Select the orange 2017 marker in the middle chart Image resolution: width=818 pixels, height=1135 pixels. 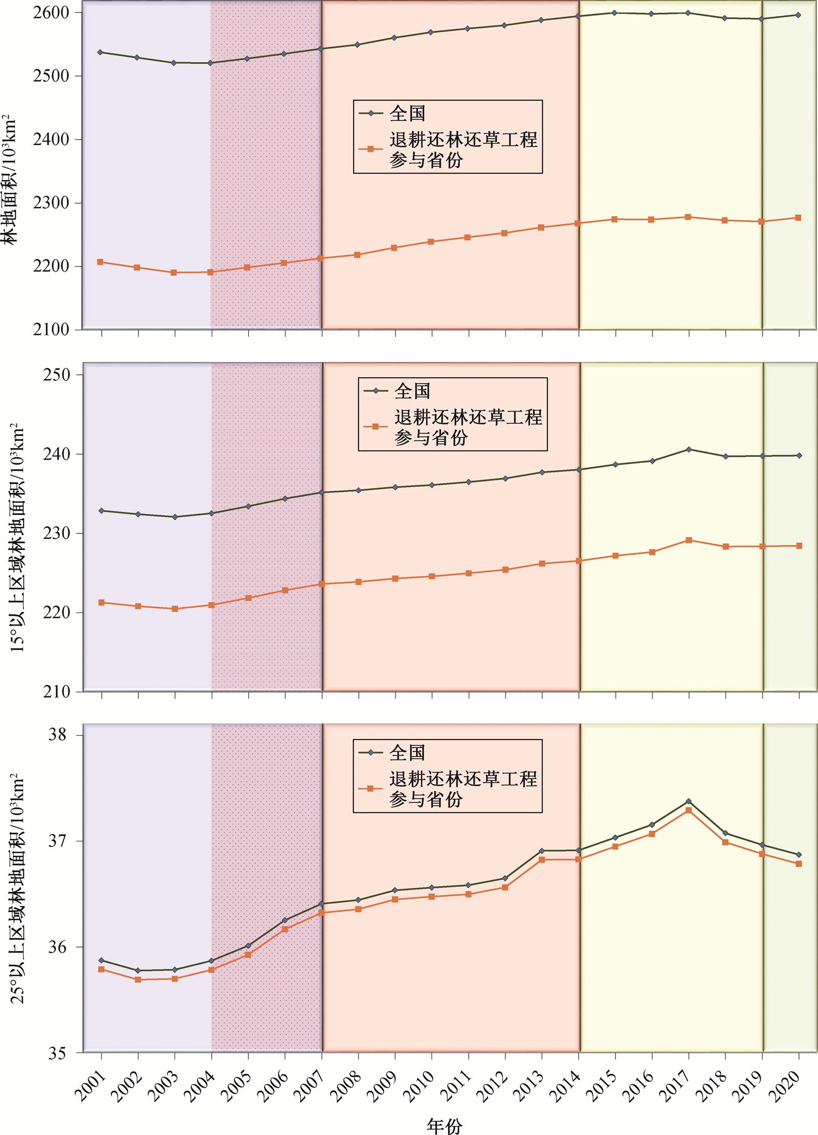coord(688,540)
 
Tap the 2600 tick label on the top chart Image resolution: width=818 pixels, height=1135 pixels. coord(53,12)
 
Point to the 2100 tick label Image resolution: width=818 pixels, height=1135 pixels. coord(53,330)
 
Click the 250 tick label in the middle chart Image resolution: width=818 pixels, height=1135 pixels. coord(57,375)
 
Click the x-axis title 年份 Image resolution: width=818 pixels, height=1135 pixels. coord(445,1123)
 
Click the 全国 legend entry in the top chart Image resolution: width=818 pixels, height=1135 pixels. coord(407,113)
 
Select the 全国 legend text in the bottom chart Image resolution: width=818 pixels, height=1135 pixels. coord(407,753)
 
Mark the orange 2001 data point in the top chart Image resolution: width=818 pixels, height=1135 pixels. coord(100,262)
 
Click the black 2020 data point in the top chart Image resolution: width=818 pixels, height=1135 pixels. coord(798,15)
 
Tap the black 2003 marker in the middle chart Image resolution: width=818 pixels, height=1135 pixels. coord(174,517)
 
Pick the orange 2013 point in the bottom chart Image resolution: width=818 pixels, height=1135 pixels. coord(542,859)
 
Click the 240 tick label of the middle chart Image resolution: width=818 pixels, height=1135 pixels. coord(57,454)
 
